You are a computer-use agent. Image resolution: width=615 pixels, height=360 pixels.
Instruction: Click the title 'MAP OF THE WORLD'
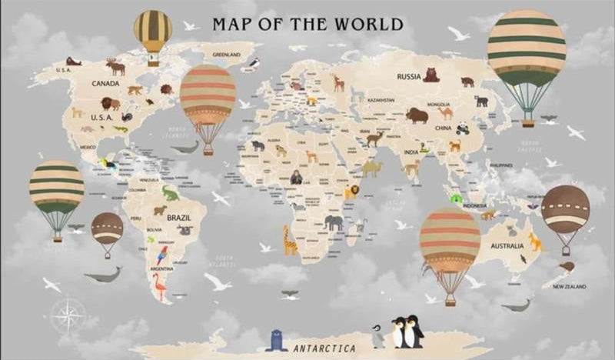pos(307,24)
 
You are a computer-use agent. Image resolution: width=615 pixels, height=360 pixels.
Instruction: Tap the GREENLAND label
pos(226,55)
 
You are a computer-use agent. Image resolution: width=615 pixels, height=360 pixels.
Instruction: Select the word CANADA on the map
pos(105,83)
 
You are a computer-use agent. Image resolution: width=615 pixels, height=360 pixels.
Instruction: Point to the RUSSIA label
pos(409,76)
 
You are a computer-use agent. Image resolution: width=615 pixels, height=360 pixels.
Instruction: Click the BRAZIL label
pos(178,217)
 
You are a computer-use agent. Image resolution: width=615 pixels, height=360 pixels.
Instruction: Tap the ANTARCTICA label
pos(324,348)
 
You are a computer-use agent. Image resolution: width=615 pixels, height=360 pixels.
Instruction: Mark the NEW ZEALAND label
pos(570,286)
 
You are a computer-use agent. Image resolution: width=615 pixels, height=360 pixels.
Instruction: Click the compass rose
pos(68,315)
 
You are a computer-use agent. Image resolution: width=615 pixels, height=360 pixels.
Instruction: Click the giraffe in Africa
pos(290,241)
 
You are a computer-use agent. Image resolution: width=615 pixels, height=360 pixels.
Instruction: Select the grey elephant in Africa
pos(334,222)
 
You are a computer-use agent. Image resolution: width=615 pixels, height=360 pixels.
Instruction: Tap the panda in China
pos(463,129)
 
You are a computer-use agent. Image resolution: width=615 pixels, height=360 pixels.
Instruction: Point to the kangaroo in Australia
pos(534,242)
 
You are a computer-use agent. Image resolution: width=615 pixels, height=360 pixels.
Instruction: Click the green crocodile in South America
pos(170,192)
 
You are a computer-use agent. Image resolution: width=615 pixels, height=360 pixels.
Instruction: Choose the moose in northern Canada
pos(116,68)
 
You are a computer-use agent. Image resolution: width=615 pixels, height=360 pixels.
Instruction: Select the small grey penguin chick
pos(377,336)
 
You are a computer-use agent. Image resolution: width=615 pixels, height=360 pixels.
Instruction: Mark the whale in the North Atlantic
pos(185,147)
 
